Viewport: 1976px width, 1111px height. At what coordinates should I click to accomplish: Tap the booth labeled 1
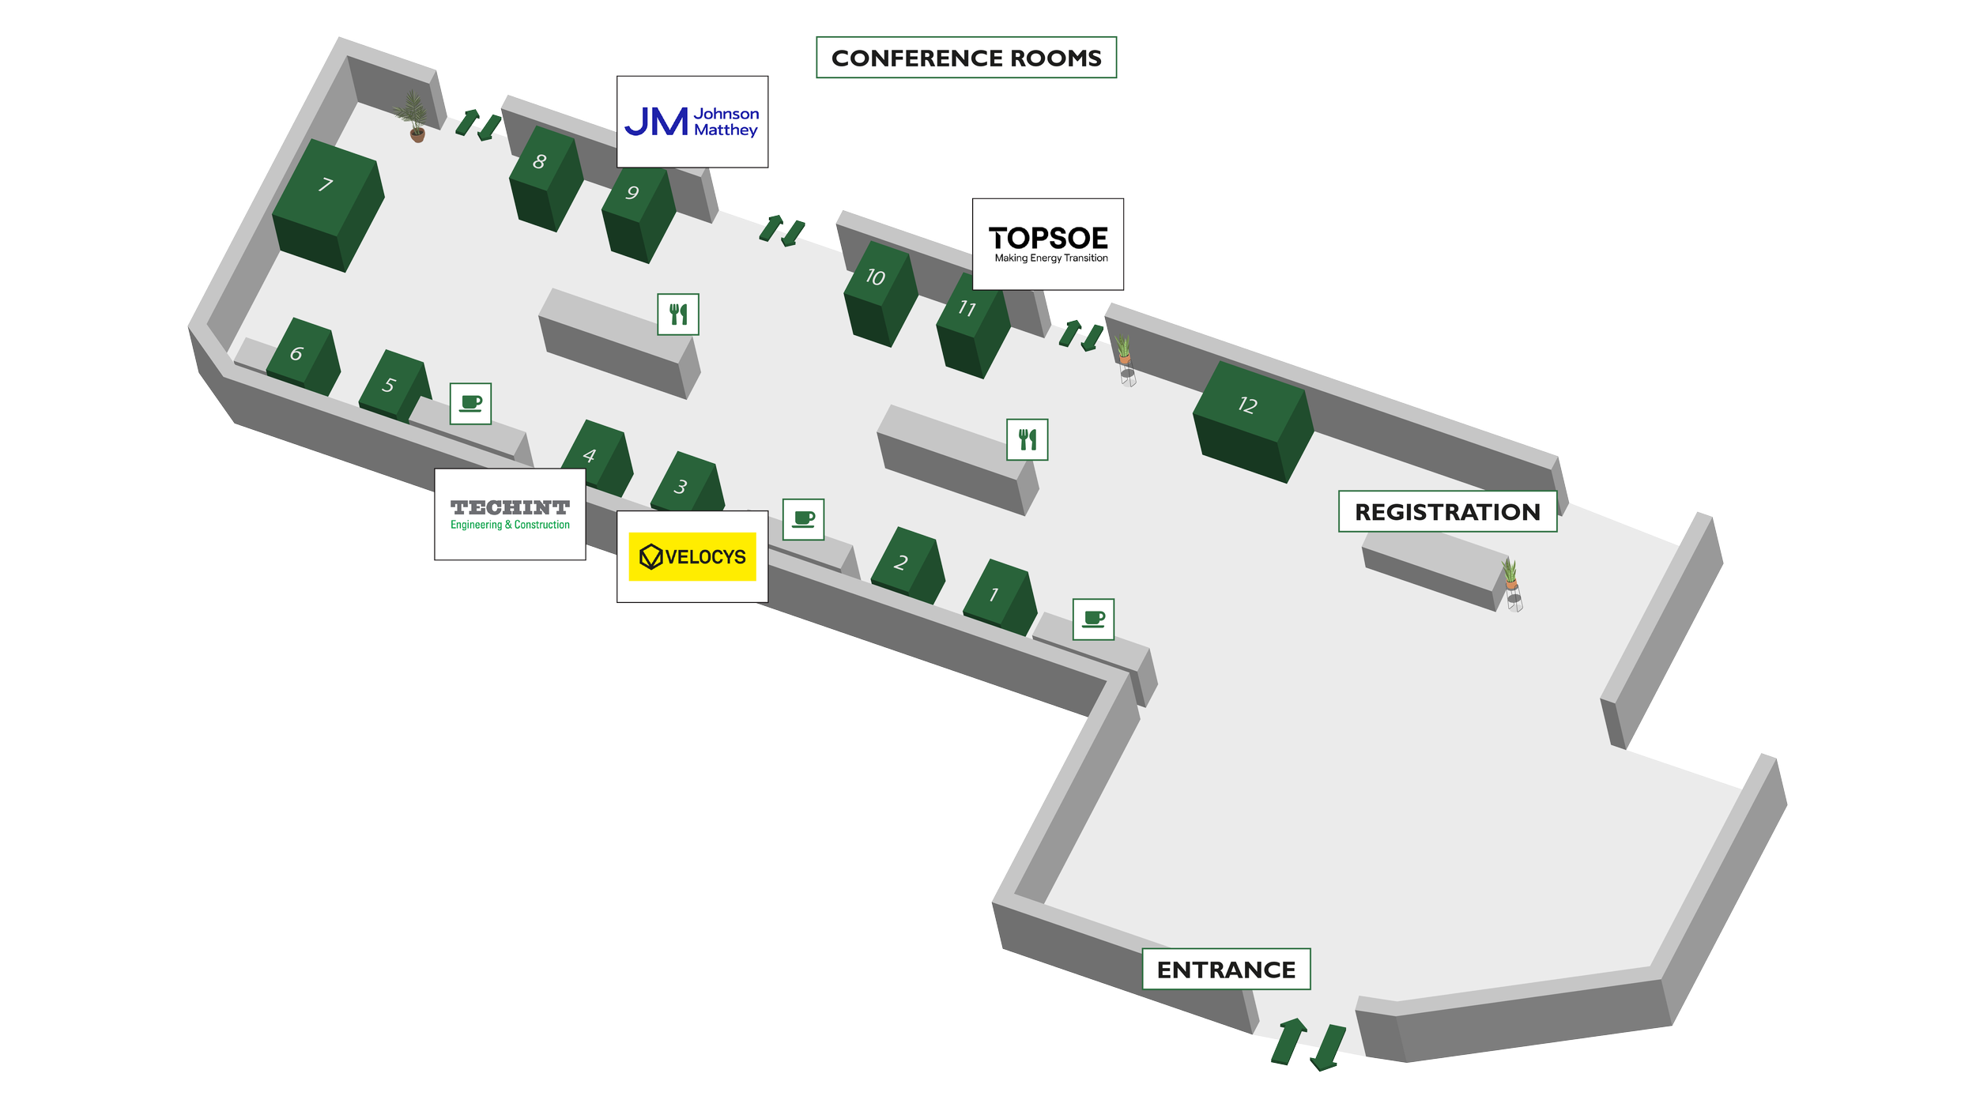coord(997,596)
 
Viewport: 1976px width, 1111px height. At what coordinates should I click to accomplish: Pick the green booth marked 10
coord(880,292)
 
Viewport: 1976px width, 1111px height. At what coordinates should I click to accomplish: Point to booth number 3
coord(685,484)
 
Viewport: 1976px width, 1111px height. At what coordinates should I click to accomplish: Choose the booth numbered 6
coord(302,356)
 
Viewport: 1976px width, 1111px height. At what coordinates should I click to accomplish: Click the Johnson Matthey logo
coord(692,122)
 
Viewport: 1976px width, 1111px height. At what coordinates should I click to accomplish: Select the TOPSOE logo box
coord(1048,244)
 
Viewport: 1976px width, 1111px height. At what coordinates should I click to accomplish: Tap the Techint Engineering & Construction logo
coord(510,514)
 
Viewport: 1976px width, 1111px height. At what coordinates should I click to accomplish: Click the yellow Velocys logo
coord(692,556)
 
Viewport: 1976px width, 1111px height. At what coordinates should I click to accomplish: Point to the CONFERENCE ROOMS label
coord(966,58)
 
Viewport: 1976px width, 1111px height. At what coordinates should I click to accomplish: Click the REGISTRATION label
coord(1447,511)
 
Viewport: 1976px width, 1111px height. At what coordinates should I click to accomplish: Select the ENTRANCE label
coord(1226,969)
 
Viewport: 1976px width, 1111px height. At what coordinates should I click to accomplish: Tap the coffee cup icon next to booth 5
coord(471,404)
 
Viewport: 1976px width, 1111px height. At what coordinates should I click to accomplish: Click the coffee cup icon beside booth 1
coord(1093,619)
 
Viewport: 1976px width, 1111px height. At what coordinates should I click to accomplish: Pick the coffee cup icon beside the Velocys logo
coord(803,519)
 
